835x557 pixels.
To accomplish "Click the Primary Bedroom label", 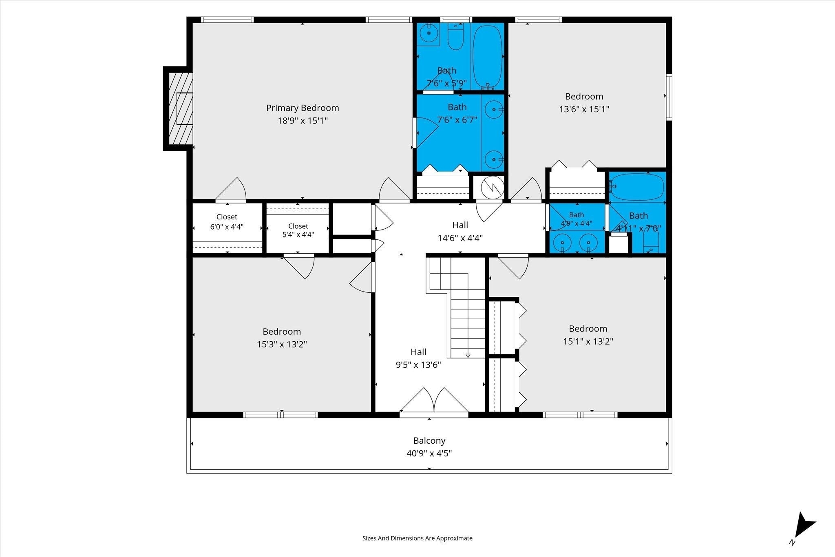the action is tap(303, 108).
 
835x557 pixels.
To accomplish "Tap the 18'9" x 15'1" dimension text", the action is tap(303, 121).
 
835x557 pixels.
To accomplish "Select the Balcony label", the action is tap(429, 441).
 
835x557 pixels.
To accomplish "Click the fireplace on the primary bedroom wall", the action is tap(179, 108).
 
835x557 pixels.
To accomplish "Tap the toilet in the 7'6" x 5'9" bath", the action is tap(455, 36).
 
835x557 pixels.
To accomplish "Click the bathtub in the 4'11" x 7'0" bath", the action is tap(638, 187).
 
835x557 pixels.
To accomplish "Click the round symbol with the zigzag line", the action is tap(493, 188).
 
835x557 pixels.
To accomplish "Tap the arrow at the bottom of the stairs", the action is tap(468, 356).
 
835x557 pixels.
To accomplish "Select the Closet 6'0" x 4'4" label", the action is tap(227, 222).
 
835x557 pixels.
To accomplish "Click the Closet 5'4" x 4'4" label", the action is tap(298, 230).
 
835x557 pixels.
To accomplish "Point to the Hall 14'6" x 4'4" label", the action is tap(460, 231).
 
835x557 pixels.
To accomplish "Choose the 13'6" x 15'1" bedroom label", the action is tap(584, 103).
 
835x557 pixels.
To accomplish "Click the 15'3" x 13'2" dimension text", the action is tap(282, 345).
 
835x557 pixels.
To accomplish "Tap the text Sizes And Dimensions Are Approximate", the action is tap(417, 538).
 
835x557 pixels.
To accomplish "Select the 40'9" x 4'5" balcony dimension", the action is tap(429, 453).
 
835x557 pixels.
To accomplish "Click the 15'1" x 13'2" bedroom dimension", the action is tap(588, 341).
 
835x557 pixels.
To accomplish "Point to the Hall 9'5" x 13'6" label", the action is tap(418, 358).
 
